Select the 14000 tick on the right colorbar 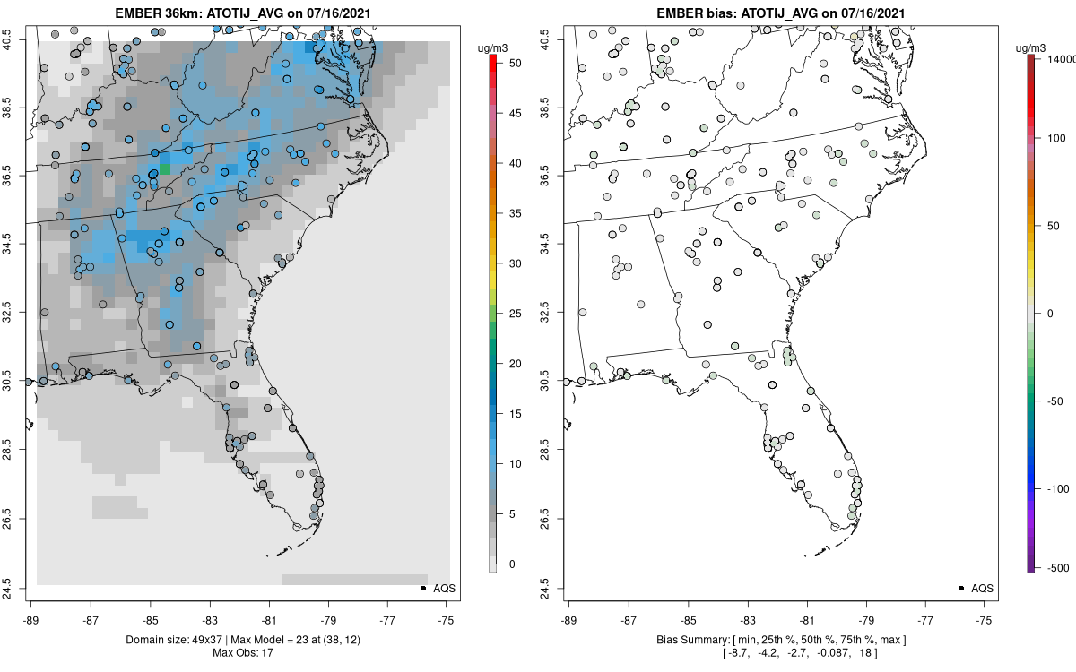[1060, 58]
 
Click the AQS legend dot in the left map [422, 588]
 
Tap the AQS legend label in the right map [983, 588]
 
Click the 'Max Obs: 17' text [242, 652]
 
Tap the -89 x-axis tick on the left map [31, 619]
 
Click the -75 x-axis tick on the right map [985, 619]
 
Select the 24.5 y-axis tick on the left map [18, 589]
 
